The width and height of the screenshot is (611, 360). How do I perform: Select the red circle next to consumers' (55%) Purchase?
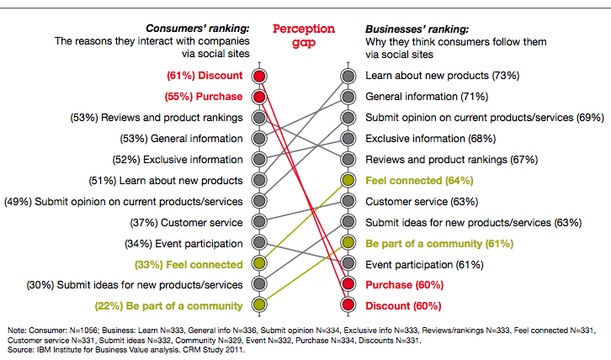click(x=260, y=97)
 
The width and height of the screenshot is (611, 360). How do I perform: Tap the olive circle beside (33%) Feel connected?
click(x=260, y=263)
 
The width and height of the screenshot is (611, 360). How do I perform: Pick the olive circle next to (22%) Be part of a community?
click(x=260, y=304)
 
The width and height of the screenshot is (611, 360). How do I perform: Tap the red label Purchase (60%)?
click(x=403, y=284)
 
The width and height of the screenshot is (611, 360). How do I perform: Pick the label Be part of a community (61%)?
click(x=428, y=243)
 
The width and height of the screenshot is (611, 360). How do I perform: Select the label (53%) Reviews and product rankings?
click(x=157, y=118)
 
